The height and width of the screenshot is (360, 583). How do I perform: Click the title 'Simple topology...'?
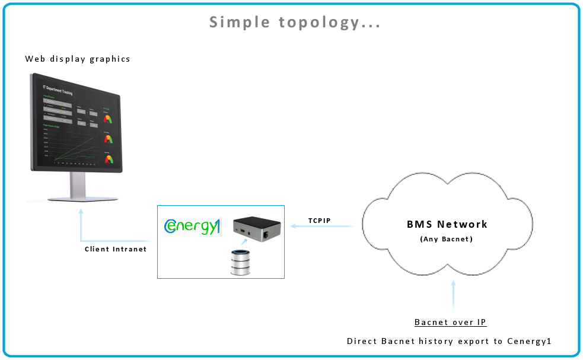click(295, 23)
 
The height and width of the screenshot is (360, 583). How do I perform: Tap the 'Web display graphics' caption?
click(78, 59)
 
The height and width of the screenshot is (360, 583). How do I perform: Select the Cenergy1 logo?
click(191, 227)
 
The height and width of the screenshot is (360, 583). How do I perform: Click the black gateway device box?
click(257, 225)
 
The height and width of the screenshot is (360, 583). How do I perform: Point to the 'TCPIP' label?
click(319, 221)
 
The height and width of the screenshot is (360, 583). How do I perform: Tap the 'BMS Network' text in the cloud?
click(447, 224)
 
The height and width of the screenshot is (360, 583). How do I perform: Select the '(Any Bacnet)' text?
click(447, 239)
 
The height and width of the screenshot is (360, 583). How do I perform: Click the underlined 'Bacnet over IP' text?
click(450, 322)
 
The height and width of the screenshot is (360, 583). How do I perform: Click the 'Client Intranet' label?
click(116, 249)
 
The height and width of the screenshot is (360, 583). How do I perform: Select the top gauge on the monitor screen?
click(108, 117)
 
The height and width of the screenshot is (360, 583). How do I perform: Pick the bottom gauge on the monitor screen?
click(108, 158)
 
